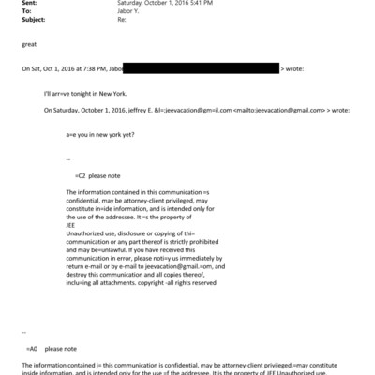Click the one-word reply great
coord(29,44)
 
